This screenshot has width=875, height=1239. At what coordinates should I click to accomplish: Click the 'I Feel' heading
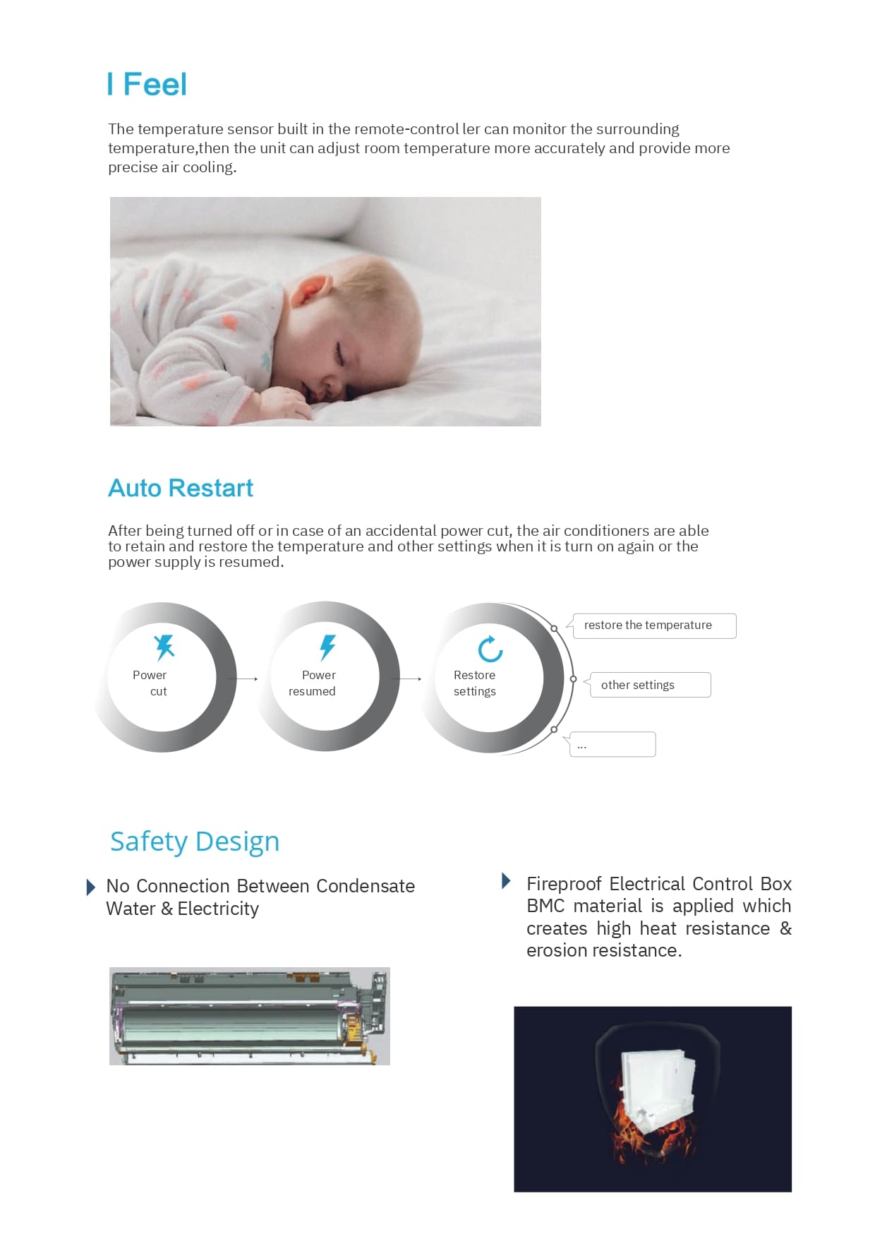pyautogui.click(x=147, y=85)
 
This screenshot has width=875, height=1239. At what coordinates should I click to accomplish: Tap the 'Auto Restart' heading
pyautogui.click(x=181, y=488)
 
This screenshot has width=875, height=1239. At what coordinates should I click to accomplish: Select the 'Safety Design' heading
pyautogui.click(x=195, y=842)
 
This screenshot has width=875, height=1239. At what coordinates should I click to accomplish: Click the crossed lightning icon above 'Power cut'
pyautogui.click(x=164, y=647)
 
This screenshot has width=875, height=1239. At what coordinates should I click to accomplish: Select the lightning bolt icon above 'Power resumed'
pyautogui.click(x=327, y=647)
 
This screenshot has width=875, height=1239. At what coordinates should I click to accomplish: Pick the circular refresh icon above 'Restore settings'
pyautogui.click(x=490, y=649)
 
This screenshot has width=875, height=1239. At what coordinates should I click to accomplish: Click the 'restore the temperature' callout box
pyautogui.click(x=654, y=626)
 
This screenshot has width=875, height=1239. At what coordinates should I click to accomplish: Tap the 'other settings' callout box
pyautogui.click(x=650, y=685)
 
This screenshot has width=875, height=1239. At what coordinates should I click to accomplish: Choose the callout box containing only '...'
pyautogui.click(x=612, y=744)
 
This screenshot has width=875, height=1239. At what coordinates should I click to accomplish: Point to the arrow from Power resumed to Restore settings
pyautogui.click(x=409, y=679)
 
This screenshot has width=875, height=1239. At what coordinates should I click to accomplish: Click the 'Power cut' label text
pyautogui.click(x=150, y=683)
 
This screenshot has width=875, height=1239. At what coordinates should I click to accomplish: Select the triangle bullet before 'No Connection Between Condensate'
pyautogui.click(x=90, y=887)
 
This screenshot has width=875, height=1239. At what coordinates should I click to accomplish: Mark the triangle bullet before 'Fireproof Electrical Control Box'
pyautogui.click(x=506, y=880)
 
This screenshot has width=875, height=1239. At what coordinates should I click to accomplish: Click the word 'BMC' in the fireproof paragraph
pyautogui.click(x=545, y=906)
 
